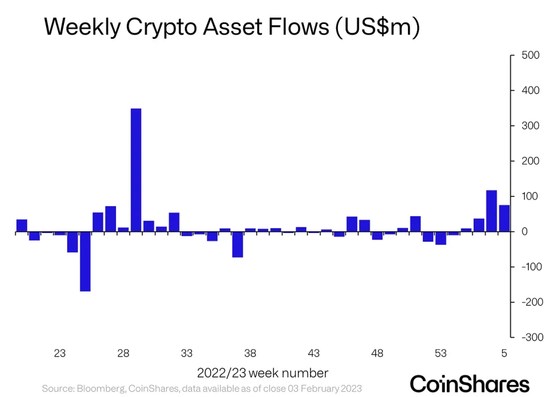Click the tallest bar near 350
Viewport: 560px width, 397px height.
136,170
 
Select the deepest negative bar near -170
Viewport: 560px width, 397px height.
85,261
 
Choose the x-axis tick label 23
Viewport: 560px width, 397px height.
60,353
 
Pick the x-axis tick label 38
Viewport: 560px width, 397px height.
250,353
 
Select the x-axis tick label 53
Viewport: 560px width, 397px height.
440,353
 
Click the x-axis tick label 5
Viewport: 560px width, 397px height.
504,353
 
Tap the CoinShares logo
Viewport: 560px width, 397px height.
470,383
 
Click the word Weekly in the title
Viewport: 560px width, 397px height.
80,27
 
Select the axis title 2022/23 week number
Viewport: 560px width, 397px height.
262,373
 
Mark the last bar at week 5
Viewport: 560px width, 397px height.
504,218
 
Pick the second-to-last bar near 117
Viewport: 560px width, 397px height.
492,211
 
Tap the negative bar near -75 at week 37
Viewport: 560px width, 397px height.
237,244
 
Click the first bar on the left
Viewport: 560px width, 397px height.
22,225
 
